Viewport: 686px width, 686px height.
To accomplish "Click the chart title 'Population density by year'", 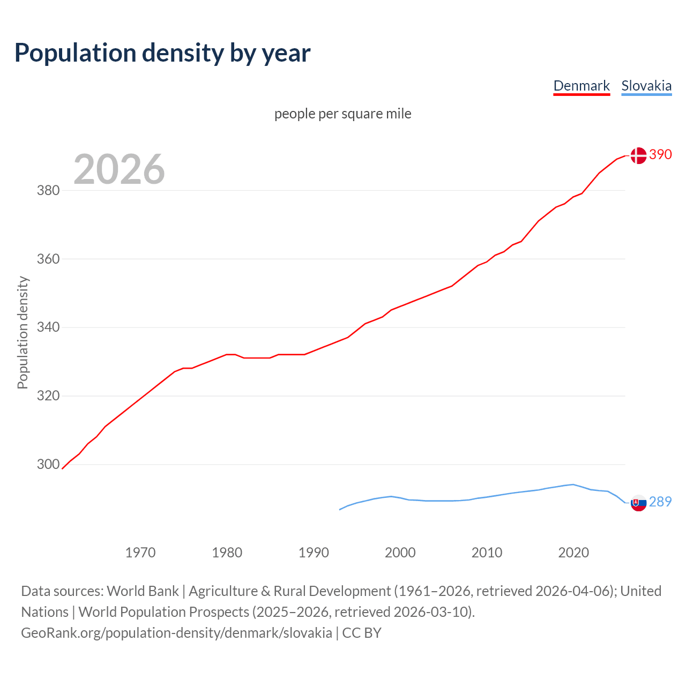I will tap(162, 53).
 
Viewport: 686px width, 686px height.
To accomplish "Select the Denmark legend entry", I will tap(581, 86).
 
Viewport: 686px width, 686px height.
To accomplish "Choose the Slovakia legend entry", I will tap(646, 86).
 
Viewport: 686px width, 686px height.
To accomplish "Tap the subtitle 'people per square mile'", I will tap(343, 114).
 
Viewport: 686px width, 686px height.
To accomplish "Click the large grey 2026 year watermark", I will tap(119, 169).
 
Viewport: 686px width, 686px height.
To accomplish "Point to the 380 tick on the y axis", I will tap(48, 190).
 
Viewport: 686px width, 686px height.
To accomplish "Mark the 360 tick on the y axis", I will tap(48, 259).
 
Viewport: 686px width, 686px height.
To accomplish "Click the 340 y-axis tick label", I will tap(48, 327).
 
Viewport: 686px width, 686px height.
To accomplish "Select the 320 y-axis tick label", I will tap(48, 396).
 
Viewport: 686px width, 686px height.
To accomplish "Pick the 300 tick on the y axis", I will tap(48, 464).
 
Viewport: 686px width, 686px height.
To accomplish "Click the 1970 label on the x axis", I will tap(140, 553).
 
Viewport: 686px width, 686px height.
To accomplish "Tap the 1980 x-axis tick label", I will tap(227, 553).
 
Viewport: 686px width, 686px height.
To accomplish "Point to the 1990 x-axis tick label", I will tap(314, 553).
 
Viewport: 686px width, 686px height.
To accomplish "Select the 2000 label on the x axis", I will tap(400, 553).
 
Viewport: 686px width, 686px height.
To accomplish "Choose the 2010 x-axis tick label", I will tap(487, 553).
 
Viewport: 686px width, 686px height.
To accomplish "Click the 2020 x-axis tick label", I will tap(573, 553).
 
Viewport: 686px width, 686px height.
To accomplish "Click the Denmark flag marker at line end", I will tap(638, 155).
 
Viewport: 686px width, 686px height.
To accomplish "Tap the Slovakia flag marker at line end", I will tap(638, 503).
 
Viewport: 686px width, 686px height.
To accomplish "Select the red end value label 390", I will tap(660, 155).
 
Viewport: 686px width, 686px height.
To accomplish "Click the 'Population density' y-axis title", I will tap(23, 332).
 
